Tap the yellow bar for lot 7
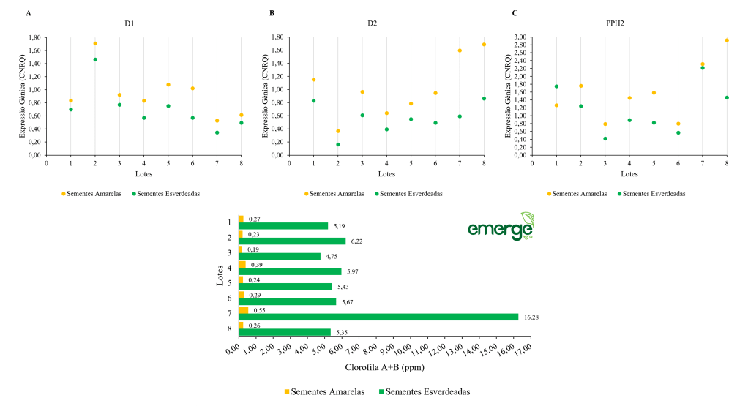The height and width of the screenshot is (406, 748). (243, 310)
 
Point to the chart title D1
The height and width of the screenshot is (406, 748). (130, 23)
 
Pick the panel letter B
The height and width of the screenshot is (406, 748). (272, 13)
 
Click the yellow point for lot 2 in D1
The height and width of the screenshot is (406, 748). (95, 43)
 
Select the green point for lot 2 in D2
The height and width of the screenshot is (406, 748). (338, 144)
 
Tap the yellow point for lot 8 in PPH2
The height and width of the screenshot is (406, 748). (727, 40)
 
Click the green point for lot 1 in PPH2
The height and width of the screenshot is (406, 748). (556, 86)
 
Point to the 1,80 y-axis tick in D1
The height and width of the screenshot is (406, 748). (34, 37)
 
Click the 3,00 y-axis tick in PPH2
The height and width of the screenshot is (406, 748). (520, 37)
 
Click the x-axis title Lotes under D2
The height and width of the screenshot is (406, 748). (386, 174)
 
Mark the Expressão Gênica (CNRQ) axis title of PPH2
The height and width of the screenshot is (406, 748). (507, 95)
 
